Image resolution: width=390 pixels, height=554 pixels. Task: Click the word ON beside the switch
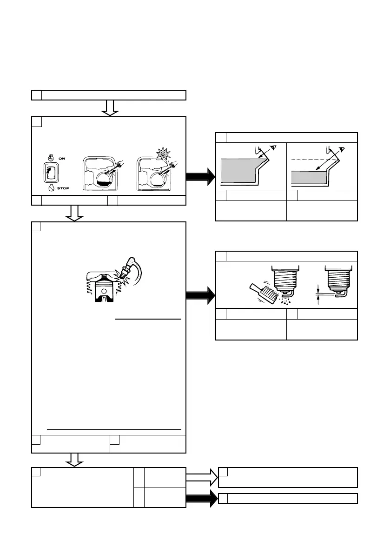click(61, 158)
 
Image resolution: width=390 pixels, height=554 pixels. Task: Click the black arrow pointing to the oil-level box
click(201, 176)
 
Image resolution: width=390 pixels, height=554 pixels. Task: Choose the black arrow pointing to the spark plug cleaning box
click(201, 295)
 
